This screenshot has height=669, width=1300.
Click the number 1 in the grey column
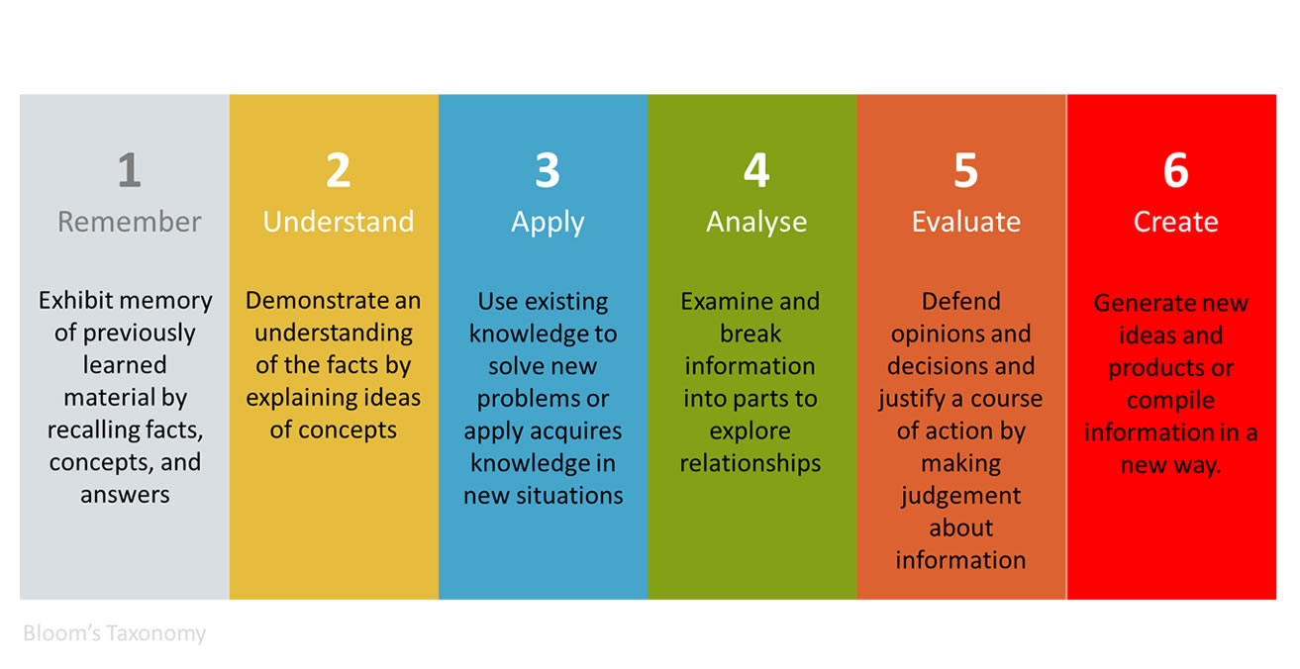130,170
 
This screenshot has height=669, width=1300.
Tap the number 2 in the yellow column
339,170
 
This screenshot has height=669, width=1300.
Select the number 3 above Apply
548,170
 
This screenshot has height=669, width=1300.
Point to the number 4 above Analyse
756,170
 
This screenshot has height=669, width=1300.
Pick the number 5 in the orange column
965,170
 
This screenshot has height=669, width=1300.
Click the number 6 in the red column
1176,170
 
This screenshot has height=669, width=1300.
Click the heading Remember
130,222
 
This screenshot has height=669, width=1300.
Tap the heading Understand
339,221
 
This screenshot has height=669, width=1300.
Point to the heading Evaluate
965,222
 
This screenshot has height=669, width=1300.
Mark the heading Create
1176,222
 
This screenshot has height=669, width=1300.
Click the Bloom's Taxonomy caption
114,633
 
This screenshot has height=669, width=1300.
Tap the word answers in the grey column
125,495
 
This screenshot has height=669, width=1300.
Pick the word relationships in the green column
750,464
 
